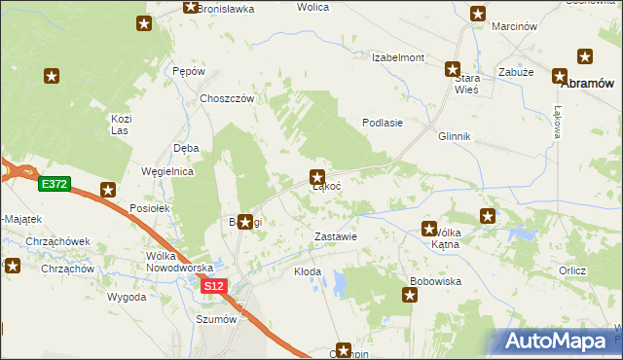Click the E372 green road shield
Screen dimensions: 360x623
54,183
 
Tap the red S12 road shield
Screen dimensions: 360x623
214,286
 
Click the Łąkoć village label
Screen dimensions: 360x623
325,187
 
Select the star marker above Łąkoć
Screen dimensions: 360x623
317,177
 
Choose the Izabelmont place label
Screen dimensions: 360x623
398,57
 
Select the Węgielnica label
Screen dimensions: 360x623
168,171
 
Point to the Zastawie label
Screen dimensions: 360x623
337,236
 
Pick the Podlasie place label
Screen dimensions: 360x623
383,123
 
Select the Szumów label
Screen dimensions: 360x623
216,318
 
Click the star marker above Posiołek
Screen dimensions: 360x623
108,190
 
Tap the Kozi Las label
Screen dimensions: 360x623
121,124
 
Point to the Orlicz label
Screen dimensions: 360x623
571,270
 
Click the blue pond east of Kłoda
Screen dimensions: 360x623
340,283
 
